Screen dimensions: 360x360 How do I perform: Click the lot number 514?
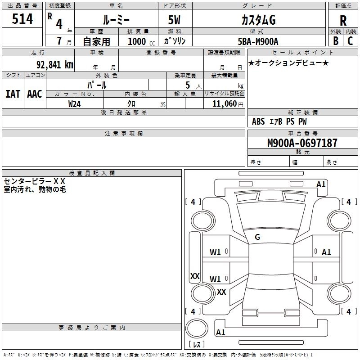[22, 18]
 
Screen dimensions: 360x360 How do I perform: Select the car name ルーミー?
[116, 20]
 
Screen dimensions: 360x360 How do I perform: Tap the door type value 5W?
[174, 20]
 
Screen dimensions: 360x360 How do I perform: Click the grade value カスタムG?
[258, 20]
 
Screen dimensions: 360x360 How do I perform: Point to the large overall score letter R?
[343, 21]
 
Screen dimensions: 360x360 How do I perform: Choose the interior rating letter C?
[350, 41]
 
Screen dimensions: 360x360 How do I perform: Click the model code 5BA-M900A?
[258, 41]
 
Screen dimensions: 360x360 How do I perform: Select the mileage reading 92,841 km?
[55, 65]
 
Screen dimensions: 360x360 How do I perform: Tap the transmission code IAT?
[13, 94]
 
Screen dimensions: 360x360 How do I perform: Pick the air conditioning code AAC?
[35, 94]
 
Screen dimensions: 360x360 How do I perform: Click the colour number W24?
[75, 104]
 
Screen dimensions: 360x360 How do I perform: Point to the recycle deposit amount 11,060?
[224, 104]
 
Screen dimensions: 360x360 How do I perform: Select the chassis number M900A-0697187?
[302, 143]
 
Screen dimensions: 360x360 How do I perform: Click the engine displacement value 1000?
[137, 41]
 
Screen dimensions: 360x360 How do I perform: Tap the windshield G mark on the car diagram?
[257, 237]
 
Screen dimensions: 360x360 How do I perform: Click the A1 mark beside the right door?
[326, 252]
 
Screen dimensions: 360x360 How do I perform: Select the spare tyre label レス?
[197, 344]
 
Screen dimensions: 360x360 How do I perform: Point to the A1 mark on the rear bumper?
[220, 332]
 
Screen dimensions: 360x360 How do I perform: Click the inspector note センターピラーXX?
[35, 181]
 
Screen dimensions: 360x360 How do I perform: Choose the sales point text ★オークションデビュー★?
[288, 63]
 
